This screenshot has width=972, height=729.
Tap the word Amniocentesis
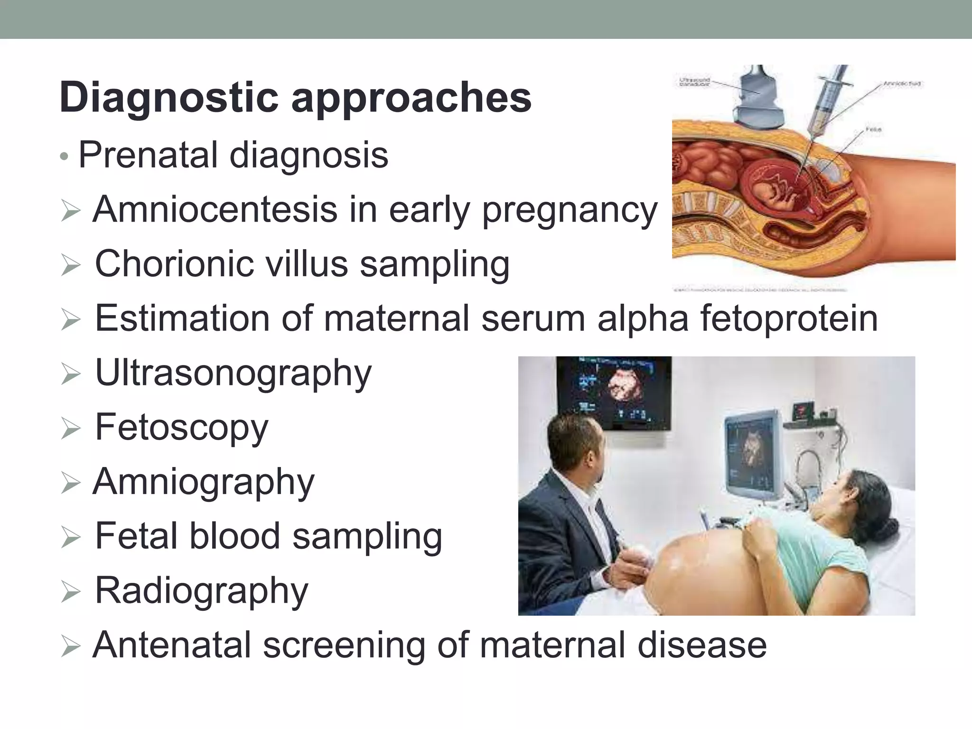click(x=215, y=209)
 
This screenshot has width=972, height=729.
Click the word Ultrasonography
click(x=233, y=374)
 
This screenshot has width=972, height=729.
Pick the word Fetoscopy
click(x=181, y=428)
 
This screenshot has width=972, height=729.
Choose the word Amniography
click(x=203, y=482)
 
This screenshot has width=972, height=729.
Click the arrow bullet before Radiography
click(x=71, y=593)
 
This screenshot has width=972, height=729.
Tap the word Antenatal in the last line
click(x=172, y=645)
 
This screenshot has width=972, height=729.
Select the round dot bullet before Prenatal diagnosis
click(x=65, y=157)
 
